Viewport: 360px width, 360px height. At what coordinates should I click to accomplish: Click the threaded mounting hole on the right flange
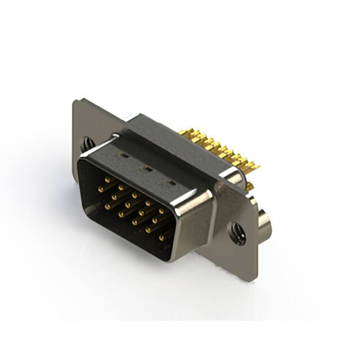pos(237,233)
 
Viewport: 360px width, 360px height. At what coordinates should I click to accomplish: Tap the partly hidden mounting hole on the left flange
pos(88,144)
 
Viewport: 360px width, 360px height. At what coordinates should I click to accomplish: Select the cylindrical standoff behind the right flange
pos(264,223)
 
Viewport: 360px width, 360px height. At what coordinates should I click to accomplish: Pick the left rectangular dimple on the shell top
pos(124,155)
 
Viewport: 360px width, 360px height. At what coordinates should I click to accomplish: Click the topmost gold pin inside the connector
pos(107,179)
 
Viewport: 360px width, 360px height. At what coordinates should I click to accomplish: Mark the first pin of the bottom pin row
pos(120,214)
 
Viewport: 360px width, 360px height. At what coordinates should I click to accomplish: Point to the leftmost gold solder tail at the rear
pos(183,133)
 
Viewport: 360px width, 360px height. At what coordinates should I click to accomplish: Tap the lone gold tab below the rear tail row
pos(249,186)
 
